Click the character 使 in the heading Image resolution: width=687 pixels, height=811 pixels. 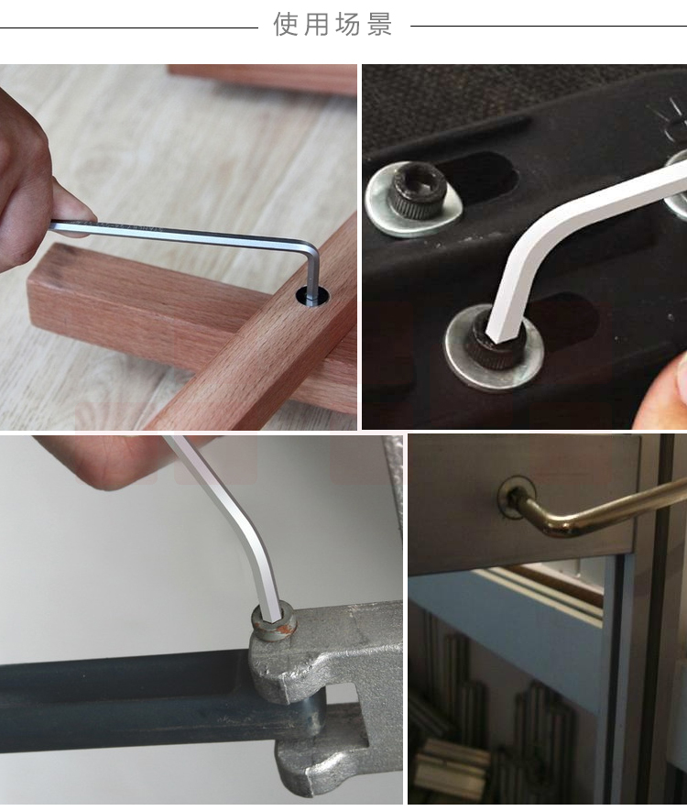[x=285, y=25]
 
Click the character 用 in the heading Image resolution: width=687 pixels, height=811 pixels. [x=316, y=25]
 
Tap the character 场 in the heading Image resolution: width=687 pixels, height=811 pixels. [x=348, y=25]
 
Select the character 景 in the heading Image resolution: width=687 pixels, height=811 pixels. [x=380, y=25]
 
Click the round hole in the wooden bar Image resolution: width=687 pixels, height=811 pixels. [x=312, y=295]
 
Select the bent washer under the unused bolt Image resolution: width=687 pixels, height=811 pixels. [x=413, y=202]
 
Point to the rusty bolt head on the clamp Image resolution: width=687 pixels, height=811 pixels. [x=274, y=622]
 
